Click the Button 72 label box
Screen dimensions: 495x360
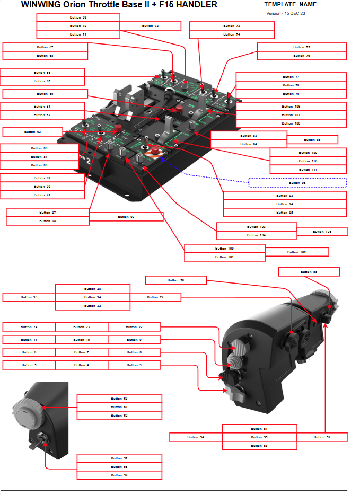pyautogui.click(x=151, y=26)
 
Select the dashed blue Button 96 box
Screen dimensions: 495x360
pyautogui.click(x=297, y=183)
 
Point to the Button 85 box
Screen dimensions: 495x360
pyautogui.click(x=312, y=140)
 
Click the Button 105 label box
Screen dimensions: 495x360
pyautogui.click(x=322, y=232)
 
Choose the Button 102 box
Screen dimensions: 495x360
pyautogui.click(x=296, y=252)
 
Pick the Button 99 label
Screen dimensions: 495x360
pyautogui.click(x=126, y=217)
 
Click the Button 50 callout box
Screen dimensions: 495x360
pyautogui.click(x=175, y=280)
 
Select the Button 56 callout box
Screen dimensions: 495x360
pyautogui.click(x=309, y=272)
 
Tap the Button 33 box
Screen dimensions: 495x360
pyautogui.click(x=29, y=297)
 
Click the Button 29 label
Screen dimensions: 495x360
pyautogui.click(x=155, y=297)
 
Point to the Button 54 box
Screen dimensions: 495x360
pyautogui.click(x=196, y=437)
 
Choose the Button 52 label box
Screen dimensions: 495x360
pyautogui.click(x=322, y=437)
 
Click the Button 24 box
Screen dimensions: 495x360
pyautogui.click(x=29, y=327)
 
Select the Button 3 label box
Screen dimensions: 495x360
pyautogui.click(x=134, y=365)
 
